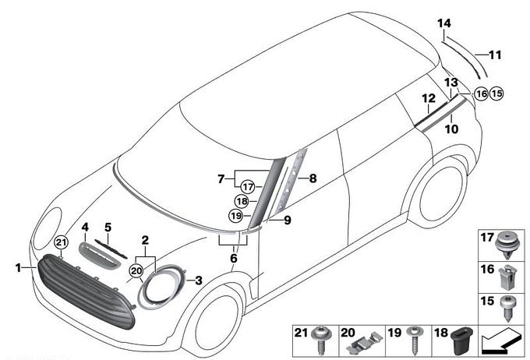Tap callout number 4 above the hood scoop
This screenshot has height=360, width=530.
point(86,228)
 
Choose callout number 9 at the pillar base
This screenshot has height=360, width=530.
point(288,221)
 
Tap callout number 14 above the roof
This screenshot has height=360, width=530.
point(443,24)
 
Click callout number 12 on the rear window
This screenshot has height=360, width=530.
point(428,98)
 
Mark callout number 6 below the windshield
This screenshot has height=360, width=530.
point(232,258)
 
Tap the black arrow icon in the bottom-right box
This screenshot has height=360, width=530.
point(500,341)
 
